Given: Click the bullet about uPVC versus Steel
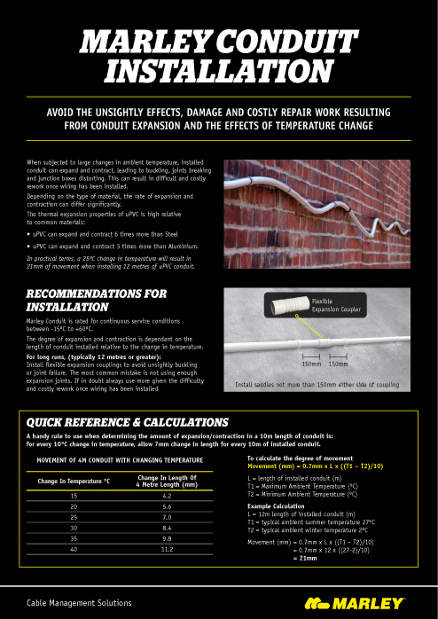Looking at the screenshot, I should coord(111,233).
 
